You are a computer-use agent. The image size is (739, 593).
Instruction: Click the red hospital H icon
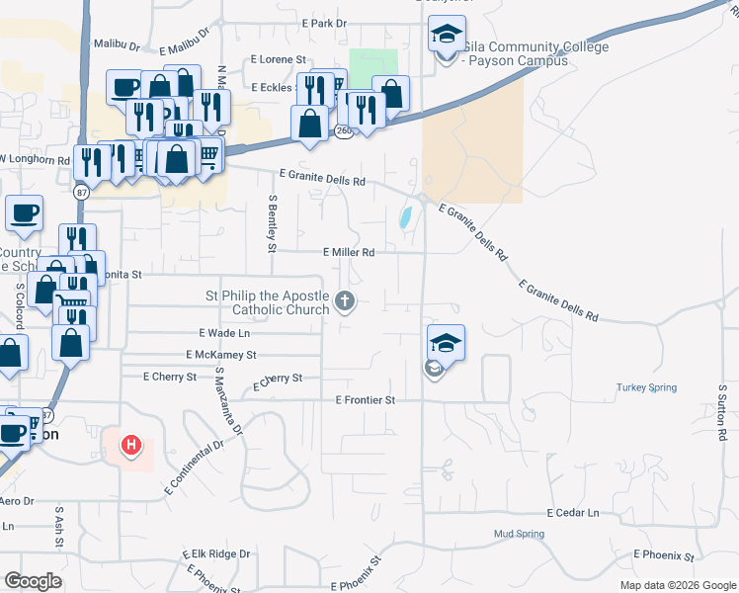coord(130,448)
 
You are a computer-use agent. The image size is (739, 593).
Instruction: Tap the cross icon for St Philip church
coord(345,300)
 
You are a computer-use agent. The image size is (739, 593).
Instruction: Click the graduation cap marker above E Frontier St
coord(446,344)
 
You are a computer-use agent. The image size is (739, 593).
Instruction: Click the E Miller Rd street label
coord(349,253)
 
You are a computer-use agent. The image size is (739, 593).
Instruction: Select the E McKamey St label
coord(221,354)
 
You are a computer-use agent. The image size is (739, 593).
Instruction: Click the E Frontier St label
coord(365,400)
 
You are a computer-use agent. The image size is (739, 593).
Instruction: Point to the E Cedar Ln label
coord(573,514)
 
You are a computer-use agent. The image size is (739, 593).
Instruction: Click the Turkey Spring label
coord(647,387)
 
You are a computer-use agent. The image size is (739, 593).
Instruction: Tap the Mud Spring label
coord(519,534)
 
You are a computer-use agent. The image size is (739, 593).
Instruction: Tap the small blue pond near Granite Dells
coord(406,217)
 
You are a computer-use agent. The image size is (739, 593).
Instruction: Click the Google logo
coord(33,581)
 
